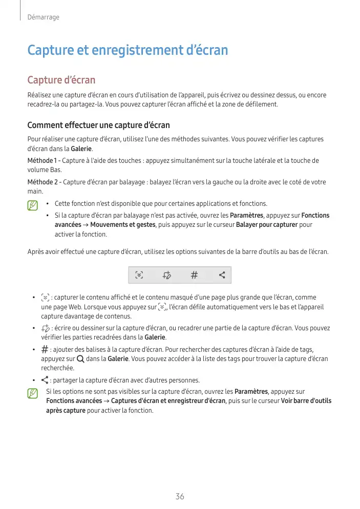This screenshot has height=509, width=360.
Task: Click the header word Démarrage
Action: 43,17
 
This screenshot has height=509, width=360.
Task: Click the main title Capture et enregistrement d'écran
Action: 127,51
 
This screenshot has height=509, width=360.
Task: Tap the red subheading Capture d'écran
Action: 61,80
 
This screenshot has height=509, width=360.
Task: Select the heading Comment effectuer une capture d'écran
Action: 98,125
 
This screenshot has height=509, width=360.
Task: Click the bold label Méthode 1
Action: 41,161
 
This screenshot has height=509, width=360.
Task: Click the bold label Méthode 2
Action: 42,182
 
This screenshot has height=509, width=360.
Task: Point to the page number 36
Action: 180,497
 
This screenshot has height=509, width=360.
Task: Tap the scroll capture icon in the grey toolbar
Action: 139,275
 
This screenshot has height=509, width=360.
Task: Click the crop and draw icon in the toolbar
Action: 166,275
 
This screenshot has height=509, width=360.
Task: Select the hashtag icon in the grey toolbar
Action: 194,275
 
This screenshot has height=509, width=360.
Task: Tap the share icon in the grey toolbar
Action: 222,275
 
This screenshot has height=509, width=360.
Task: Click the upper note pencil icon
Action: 33,205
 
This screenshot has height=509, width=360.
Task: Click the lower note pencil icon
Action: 33,393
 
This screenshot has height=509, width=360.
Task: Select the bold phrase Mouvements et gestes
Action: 123,225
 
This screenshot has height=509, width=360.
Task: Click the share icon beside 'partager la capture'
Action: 45,380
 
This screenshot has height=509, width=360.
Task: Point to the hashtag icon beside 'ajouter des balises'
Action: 45,349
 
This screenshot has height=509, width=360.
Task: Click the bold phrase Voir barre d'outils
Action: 306,401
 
